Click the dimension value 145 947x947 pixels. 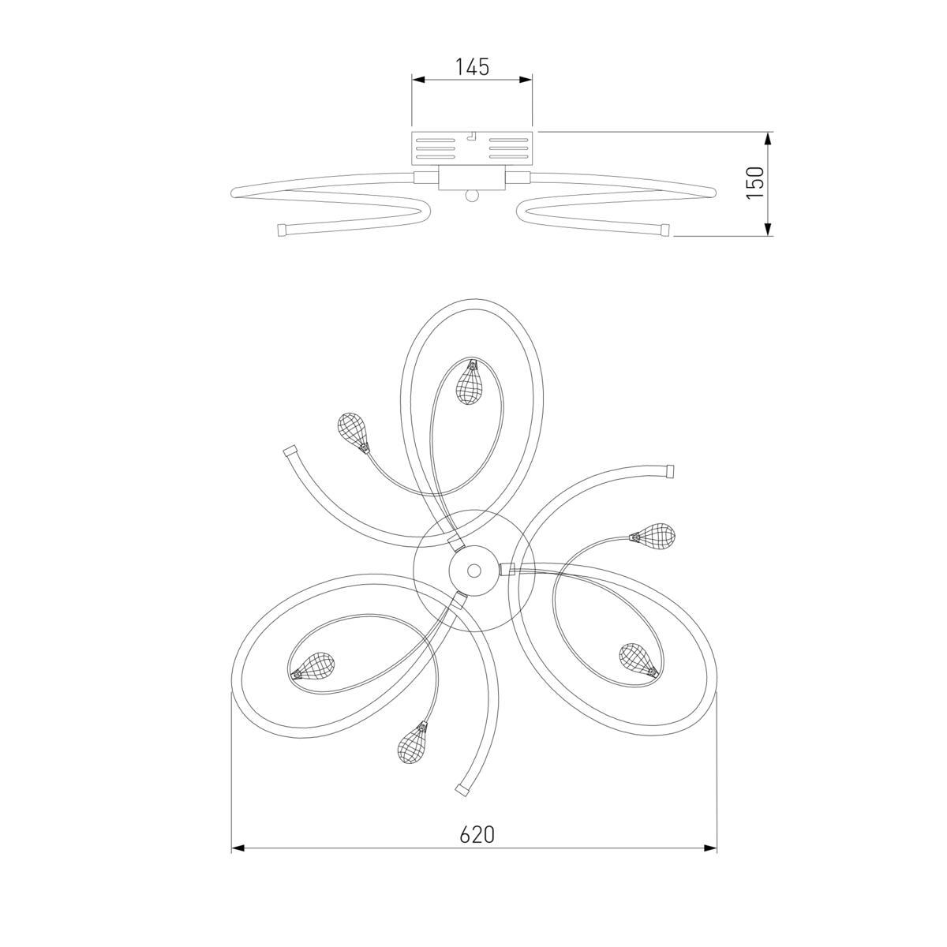point(472,67)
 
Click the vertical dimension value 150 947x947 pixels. point(755,182)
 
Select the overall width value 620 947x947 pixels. point(477,834)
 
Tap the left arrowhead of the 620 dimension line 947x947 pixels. point(238,848)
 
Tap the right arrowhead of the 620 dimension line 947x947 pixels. point(710,848)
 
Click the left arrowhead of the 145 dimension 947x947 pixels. point(418,79)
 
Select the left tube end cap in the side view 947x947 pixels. point(282,230)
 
